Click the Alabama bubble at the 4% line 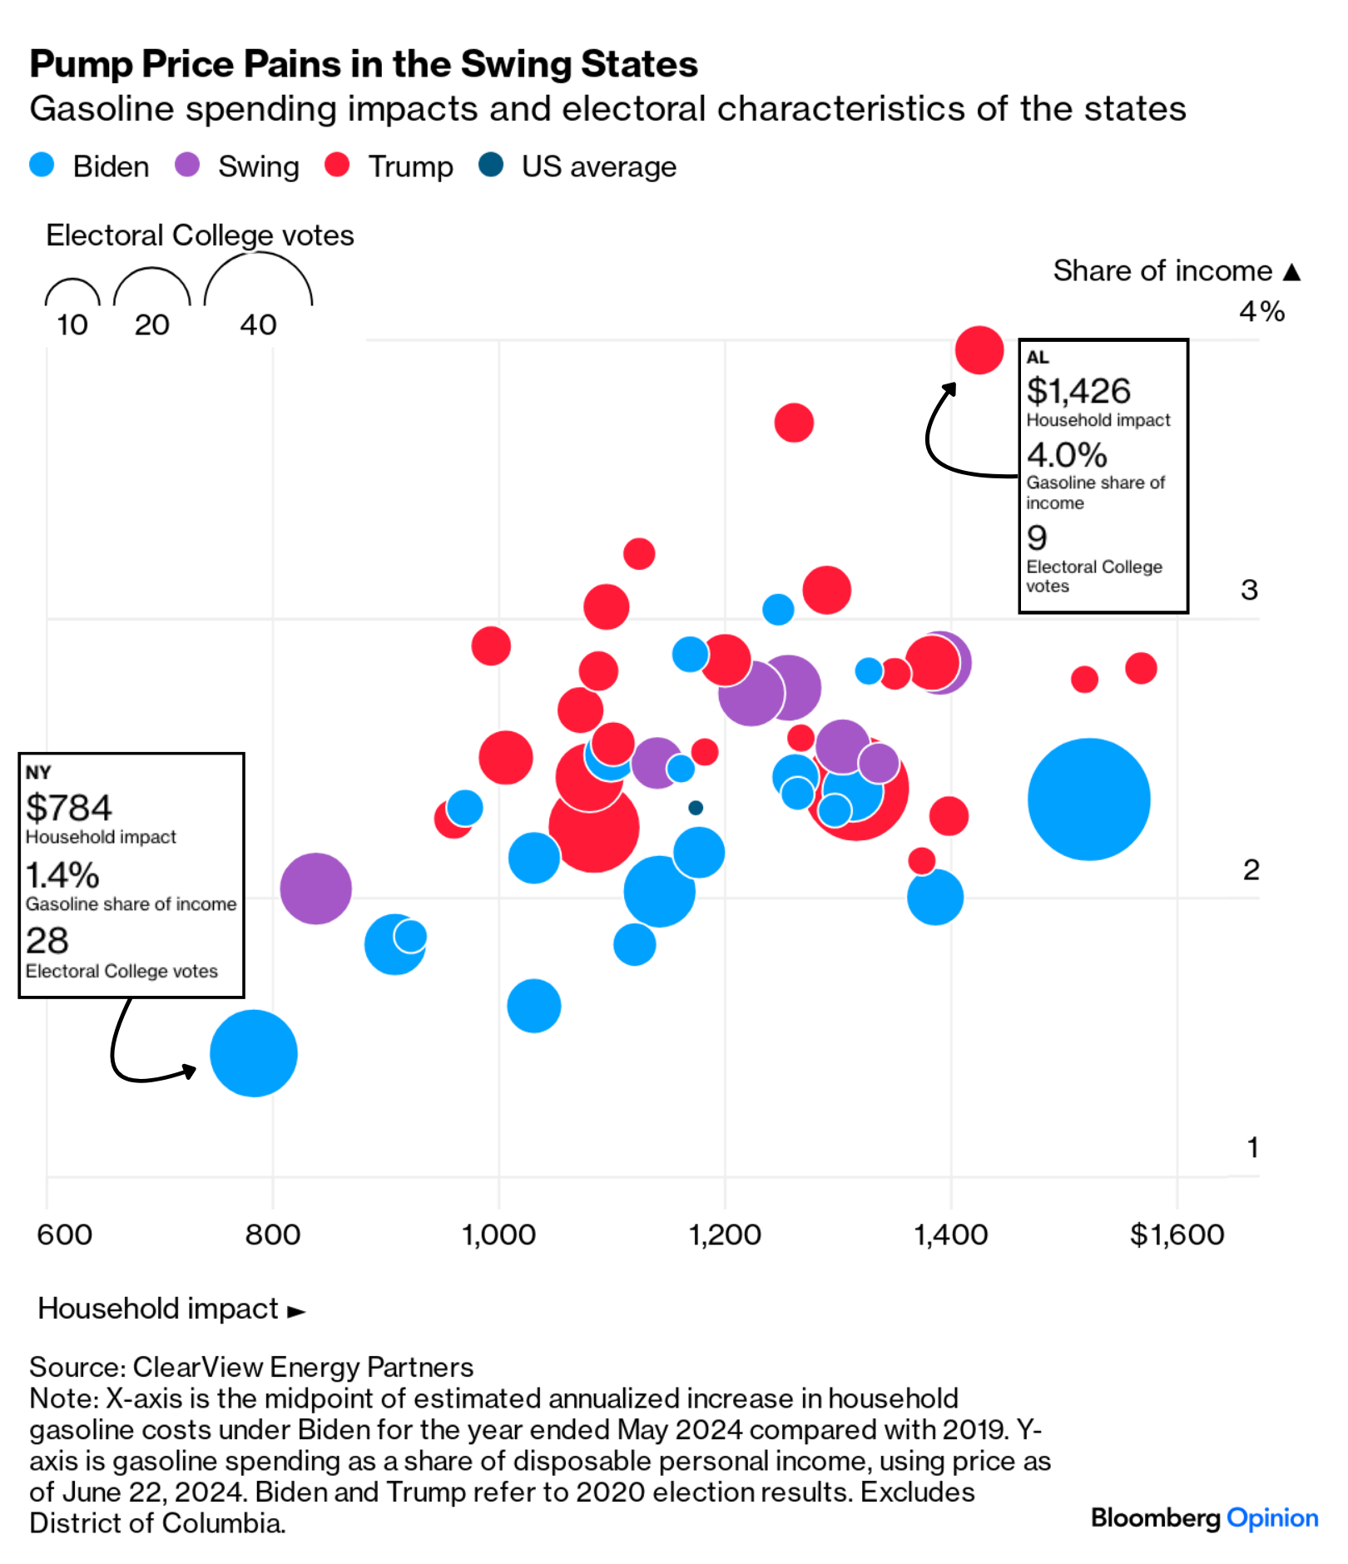(979, 350)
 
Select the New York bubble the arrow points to (254, 1052)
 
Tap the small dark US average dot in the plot (696, 807)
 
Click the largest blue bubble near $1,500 (1088, 799)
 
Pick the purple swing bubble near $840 (315, 888)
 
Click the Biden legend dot (42, 165)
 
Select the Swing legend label (258, 166)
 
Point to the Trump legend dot (337, 165)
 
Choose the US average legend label (598, 166)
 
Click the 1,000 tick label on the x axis (498, 1234)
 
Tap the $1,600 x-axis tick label (1177, 1234)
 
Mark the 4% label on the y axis (1261, 311)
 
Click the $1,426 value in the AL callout (1078, 390)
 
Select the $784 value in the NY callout (68, 807)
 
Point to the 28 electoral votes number (47, 940)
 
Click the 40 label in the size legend (258, 324)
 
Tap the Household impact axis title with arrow (171, 1308)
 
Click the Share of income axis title (1175, 270)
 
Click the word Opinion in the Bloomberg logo (1272, 1517)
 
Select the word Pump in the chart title (81, 64)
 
